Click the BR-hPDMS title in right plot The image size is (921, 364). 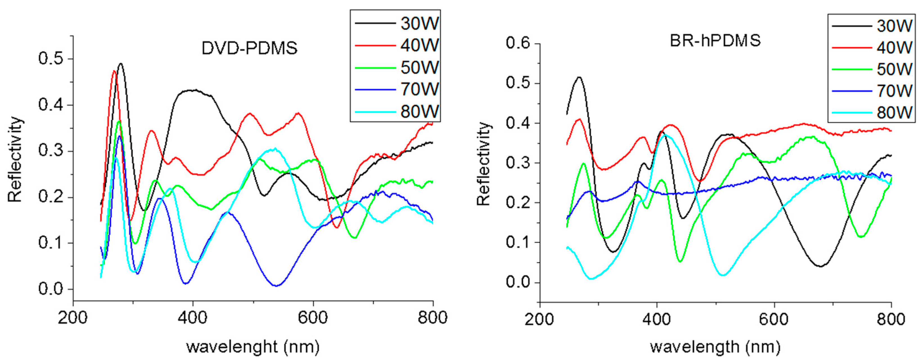pyautogui.click(x=715, y=40)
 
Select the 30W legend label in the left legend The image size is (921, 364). pyautogui.click(x=419, y=24)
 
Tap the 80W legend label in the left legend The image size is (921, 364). pyautogui.click(x=419, y=112)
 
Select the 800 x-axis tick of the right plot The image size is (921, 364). pyautogui.click(x=891, y=319)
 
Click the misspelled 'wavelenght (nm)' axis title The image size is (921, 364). pyautogui.click(x=252, y=347)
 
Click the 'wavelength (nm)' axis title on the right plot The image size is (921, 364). pyautogui.click(x=715, y=347)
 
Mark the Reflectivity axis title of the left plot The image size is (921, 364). pyautogui.click(x=15, y=159)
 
